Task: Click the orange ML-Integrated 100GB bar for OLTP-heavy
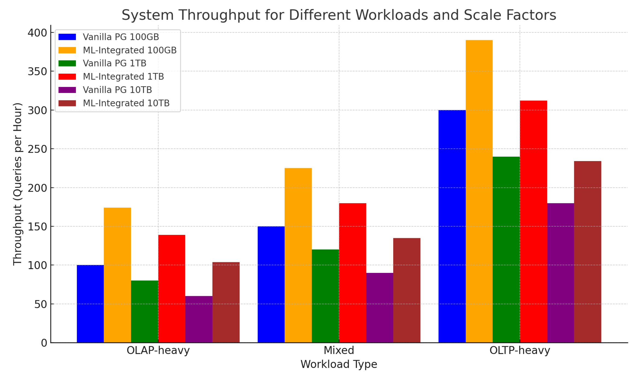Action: point(479,191)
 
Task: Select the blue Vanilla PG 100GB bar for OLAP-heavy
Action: point(90,304)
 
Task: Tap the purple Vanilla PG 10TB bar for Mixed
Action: point(380,308)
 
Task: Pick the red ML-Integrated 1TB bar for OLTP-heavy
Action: point(533,221)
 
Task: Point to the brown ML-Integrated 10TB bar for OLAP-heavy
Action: point(226,302)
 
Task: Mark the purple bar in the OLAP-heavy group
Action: point(199,319)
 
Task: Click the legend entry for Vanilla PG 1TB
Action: point(115,63)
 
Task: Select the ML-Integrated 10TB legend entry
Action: point(126,103)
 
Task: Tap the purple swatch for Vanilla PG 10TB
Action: point(67,90)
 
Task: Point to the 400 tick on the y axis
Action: point(37,33)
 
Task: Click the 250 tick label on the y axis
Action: point(37,149)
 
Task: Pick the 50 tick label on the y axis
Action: point(40,304)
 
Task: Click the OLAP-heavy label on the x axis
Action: point(158,350)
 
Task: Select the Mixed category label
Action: point(339,350)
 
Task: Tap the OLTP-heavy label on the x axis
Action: point(520,350)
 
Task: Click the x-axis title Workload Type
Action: point(339,364)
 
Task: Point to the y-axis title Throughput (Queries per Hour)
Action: point(17,184)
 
